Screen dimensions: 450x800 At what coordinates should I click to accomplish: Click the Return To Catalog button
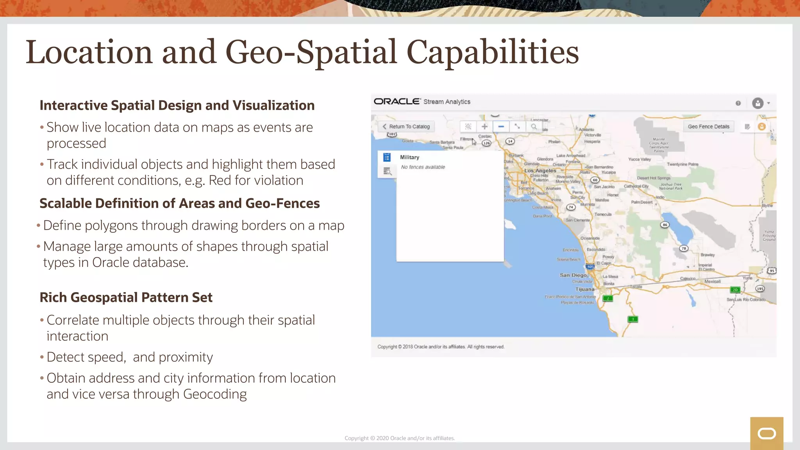(x=406, y=127)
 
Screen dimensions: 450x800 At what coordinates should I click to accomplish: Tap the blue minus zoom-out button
(x=501, y=127)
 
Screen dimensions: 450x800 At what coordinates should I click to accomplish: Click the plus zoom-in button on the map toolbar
(x=484, y=127)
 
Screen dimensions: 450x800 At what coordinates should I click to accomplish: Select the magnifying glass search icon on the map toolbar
(x=534, y=127)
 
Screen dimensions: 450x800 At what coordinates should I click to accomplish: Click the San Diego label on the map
(x=573, y=275)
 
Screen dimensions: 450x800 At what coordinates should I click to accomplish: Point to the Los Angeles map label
(x=540, y=171)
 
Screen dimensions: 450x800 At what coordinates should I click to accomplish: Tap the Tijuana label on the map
(x=585, y=289)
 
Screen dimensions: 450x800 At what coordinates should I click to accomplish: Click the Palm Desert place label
(x=641, y=202)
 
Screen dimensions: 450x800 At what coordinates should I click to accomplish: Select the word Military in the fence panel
(x=409, y=157)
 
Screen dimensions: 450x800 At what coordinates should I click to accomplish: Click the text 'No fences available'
(x=423, y=167)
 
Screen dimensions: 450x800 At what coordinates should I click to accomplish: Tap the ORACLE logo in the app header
(x=396, y=102)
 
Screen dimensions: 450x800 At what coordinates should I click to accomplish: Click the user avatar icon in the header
(x=757, y=103)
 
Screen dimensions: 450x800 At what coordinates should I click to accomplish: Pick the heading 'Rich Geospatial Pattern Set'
(x=126, y=298)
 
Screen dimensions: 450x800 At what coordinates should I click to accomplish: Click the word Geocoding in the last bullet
(x=215, y=394)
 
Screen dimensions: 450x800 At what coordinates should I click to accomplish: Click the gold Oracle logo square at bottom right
(x=766, y=433)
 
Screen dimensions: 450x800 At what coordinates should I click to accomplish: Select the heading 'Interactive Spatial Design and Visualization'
(x=177, y=105)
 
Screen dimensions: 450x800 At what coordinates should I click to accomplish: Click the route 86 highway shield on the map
(x=665, y=225)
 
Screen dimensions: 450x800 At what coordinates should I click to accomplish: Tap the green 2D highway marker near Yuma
(x=735, y=290)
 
